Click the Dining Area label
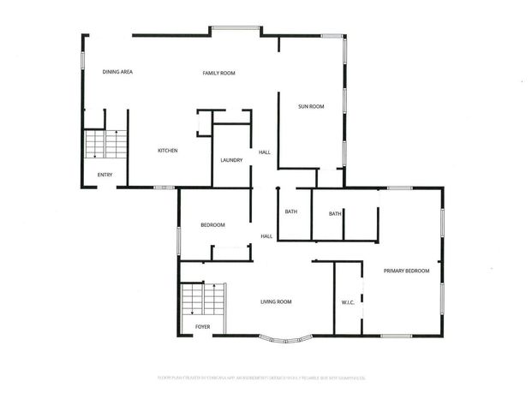pyautogui.click(x=117, y=72)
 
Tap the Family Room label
pyautogui.click(x=218, y=74)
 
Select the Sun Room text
pyautogui.click(x=310, y=107)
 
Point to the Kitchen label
pyautogui.click(x=167, y=152)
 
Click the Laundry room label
pyautogui.click(x=231, y=160)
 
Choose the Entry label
pyautogui.click(x=105, y=176)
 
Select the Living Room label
pyautogui.click(x=276, y=301)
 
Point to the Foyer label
pyautogui.click(x=203, y=326)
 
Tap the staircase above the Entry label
pyautogui.click(x=105, y=145)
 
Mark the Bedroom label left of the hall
pyautogui.click(x=212, y=225)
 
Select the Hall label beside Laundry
pyautogui.click(x=265, y=152)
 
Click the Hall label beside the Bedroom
pyautogui.click(x=266, y=236)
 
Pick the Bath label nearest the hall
pyautogui.click(x=290, y=214)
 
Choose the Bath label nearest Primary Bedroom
pyautogui.click(x=335, y=214)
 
